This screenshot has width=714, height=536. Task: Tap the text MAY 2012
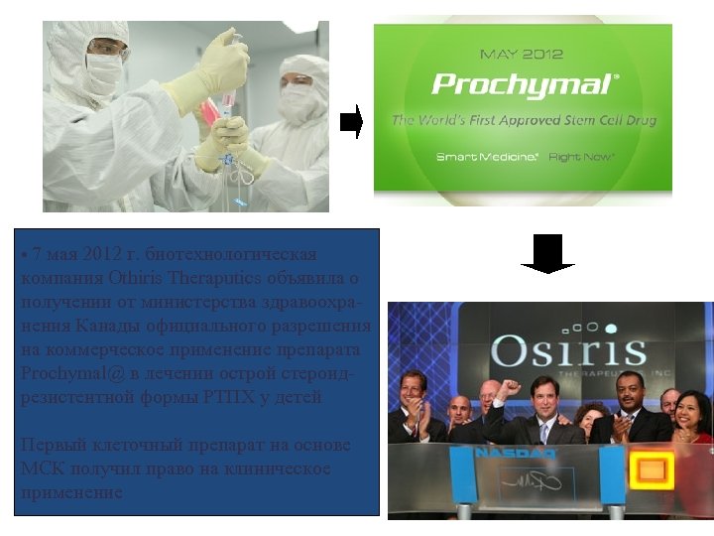pyautogui.click(x=522, y=54)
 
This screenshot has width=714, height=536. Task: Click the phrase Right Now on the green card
pyautogui.click(x=581, y=157)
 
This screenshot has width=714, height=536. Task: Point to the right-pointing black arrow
pyautogui.click(x=351, y=122)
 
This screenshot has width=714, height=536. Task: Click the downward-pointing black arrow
pyautogui.click(x=547, y=254)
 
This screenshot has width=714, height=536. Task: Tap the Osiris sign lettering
pyautogui.click(x=554, y=350)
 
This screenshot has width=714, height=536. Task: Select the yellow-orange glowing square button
pyautogui.click(x=652, y=469)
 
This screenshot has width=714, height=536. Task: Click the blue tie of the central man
pyautogui.click(x=542, y=432)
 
